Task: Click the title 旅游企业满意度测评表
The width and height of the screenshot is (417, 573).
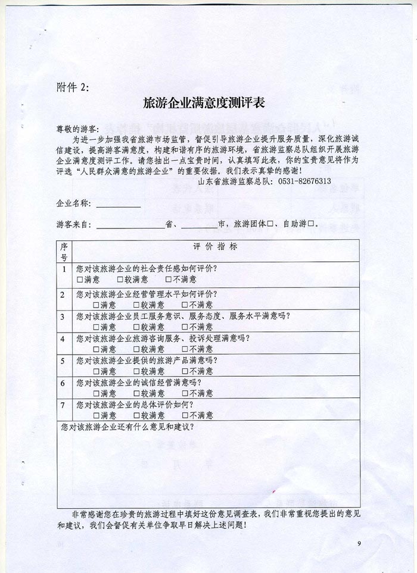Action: pos(204,103)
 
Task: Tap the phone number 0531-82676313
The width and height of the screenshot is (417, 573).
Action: pos(303,181)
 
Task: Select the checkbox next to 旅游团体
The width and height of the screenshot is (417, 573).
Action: pos(270,224)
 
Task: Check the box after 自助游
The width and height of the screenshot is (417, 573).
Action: pos(310,224)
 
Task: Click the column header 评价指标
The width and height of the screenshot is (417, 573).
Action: pos(215,246)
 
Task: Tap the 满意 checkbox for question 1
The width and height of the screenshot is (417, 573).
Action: pos(80,279)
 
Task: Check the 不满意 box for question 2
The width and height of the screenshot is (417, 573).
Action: pos(169,305)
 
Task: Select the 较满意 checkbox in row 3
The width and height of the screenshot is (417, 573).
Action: pos(136,327)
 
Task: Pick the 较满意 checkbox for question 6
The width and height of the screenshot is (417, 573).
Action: pos(136,393)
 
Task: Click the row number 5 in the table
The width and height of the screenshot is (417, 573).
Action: pos(63,361)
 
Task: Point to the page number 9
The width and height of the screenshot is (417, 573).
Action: pos(359,543)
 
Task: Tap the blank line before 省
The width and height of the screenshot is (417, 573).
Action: pos(130,225)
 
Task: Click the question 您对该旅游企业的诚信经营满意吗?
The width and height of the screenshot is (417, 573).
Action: pos(139,383)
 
